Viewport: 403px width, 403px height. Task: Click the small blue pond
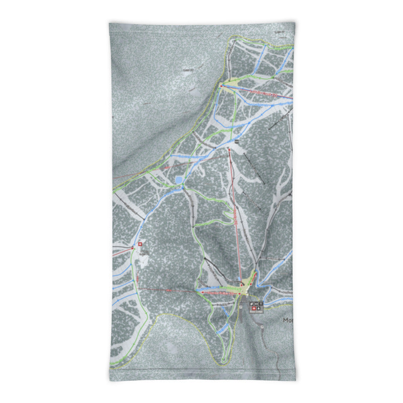[x=179, y=180]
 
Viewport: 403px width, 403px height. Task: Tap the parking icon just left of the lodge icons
[x=241, y=306]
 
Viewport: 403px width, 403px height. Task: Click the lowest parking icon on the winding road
[x=262, y=326]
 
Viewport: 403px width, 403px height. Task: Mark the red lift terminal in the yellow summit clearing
[x=221, y=86]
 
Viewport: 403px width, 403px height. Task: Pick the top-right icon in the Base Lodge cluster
[x=261, y=303]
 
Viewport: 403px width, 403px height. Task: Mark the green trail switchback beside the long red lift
[x=222, y=222]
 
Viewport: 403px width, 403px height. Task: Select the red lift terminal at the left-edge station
[x=133, y=247]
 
